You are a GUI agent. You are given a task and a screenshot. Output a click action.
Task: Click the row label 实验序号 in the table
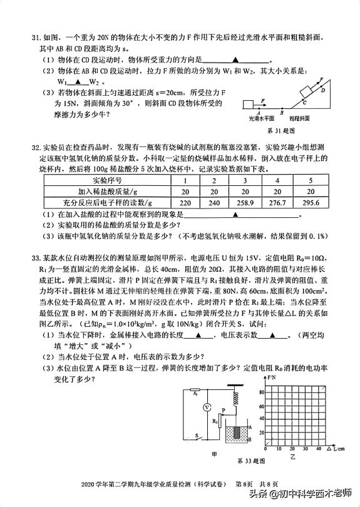point(103,180)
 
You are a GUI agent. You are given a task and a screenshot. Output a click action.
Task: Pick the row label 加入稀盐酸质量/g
point(103,192)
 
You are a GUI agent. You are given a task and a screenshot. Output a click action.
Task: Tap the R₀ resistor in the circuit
point(196,394)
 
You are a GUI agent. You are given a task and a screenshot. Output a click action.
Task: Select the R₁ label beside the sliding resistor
point(214,421)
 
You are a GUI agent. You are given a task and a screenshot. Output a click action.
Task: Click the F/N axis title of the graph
point(271,379)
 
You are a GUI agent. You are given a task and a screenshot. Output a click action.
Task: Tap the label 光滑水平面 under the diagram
point(262,118)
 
